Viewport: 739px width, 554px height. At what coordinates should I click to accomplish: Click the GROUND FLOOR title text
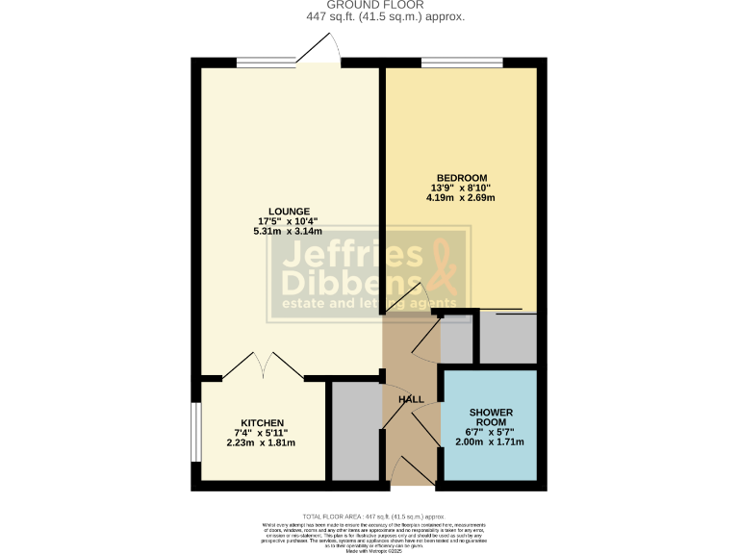coord(369,5)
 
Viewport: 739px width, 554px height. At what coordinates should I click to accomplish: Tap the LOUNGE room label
coord(289,212)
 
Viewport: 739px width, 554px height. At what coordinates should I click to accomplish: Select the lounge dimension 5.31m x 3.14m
coord(289,232)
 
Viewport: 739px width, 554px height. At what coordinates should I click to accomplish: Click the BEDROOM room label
coord(460,178)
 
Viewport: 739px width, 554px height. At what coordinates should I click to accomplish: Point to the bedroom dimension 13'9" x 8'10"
coord(460,189)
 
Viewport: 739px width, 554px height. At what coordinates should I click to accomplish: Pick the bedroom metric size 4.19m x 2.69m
coord(460,199)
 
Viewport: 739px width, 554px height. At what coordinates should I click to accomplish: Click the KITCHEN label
coord(261,423)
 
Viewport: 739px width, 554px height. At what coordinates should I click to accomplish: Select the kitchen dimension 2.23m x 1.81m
coord(261,443)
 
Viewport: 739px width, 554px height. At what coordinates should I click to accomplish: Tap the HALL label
coord(411,399)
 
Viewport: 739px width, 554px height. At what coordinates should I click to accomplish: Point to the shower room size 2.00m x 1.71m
coord(491,443)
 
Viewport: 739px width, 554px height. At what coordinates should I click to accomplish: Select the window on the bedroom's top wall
coord(460,63)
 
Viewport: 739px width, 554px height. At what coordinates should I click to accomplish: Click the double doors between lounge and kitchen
coord(263,365)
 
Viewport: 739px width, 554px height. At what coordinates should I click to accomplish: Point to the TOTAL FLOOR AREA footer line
coord(369,516)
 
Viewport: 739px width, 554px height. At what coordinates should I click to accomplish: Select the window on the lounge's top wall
coord(267,63)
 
